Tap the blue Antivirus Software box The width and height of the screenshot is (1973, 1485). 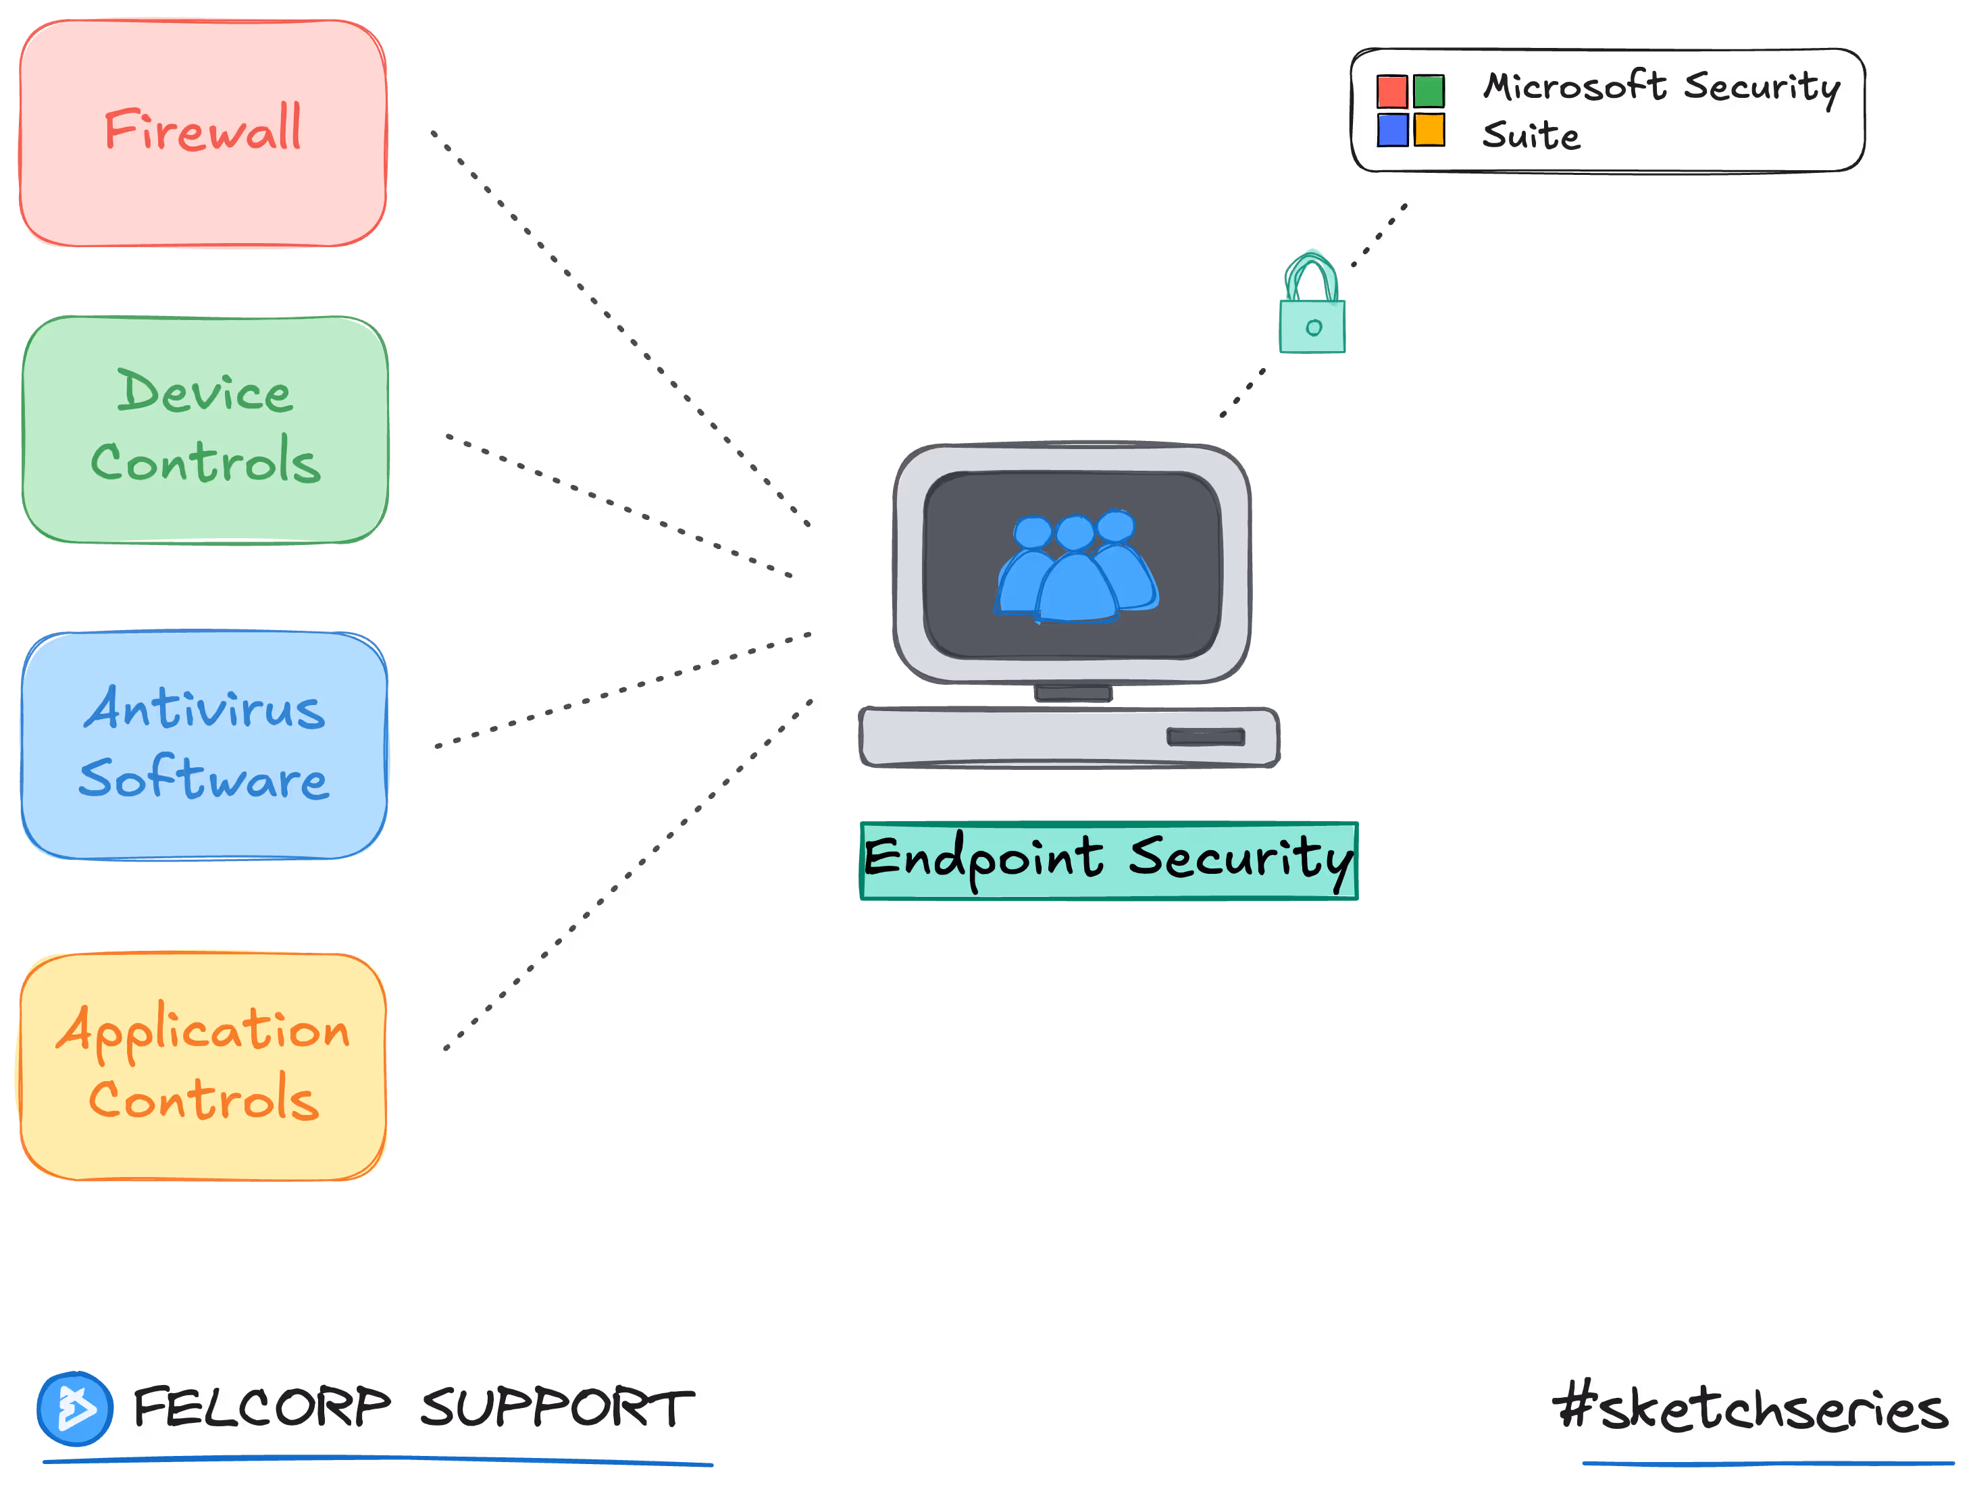point(204,746)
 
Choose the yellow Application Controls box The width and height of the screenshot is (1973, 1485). point(203,1066)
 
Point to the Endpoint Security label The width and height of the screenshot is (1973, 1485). point(1108,860)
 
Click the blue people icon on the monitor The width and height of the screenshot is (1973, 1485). point(1077,567)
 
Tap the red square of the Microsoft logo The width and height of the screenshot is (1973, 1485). point(1392,92)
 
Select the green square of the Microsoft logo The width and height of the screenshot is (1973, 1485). point(1429,92)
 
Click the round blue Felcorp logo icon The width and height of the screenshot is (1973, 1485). point(75,1408)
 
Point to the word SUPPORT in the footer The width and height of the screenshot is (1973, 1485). point(557,1408)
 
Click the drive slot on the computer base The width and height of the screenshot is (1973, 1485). point(1205,737)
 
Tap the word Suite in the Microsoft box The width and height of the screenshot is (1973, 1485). point(1531,136)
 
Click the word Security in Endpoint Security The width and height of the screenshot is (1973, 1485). point(1240,859)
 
